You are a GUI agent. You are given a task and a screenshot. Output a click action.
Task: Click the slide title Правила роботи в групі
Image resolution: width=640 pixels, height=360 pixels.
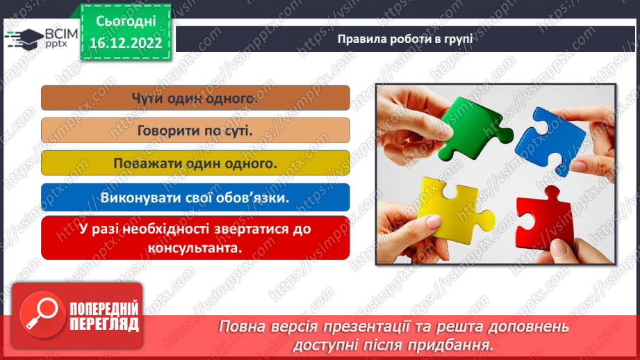405,38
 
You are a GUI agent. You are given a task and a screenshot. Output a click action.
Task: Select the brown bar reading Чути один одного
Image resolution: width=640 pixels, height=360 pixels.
195,98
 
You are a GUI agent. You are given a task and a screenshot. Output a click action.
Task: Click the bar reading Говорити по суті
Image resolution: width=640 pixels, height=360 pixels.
195,130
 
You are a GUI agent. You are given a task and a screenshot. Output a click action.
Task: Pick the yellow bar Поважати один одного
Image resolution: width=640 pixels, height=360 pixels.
195,163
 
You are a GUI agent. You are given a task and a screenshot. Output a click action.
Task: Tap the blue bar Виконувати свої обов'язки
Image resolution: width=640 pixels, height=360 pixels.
195,196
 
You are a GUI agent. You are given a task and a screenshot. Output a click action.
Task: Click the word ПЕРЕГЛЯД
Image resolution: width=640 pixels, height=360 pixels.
104,323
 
